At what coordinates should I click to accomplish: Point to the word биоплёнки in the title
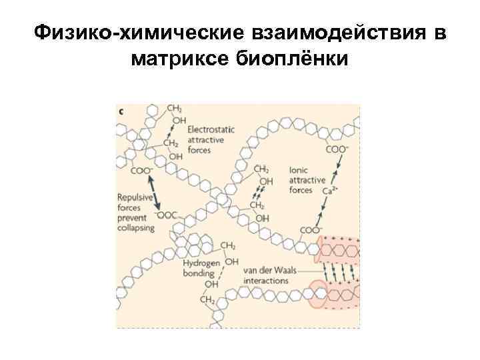coord(300,59)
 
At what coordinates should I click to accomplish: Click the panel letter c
coord(121,111)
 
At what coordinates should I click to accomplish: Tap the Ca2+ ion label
coord(328,190)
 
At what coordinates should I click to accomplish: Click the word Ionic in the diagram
coord(299,170)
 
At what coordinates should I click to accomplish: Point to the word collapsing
coord(136,227)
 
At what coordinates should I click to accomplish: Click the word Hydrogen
coord(201,263)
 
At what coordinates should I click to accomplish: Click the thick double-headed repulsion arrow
coord(155,193)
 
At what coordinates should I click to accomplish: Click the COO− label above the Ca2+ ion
coord(337,149)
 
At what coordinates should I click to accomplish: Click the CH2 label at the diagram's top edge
coord(174,109)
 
